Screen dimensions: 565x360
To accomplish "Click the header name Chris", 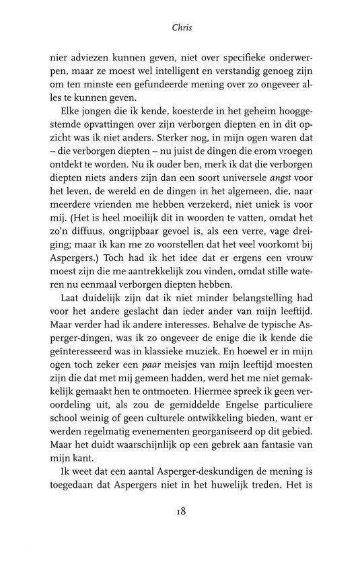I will point(180,30).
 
